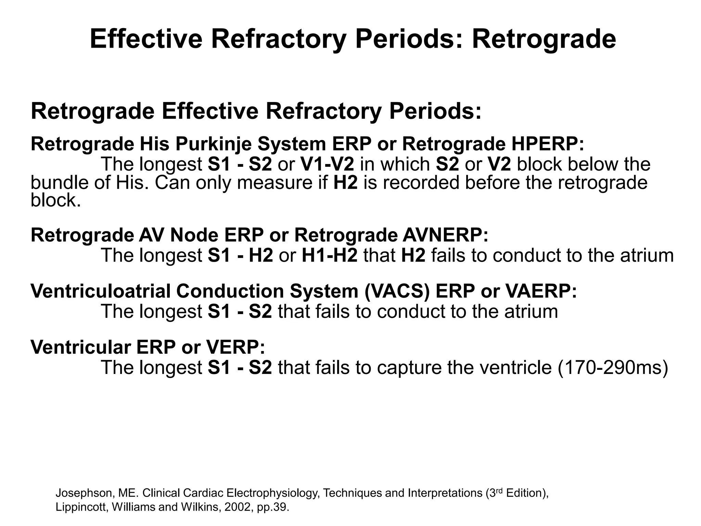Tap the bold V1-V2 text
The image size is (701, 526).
coord(327,164)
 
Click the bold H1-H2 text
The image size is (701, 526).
coord(329,255)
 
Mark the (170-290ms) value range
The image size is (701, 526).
coord(613,367)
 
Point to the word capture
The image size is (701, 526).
coord(406,367)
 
